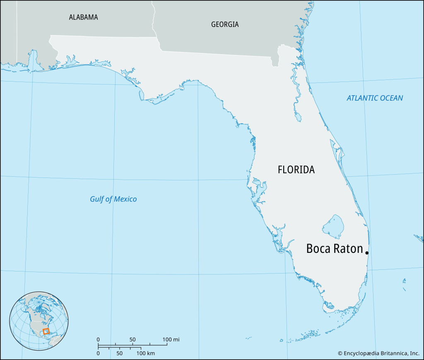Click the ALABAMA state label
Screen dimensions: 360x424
click(83, 17)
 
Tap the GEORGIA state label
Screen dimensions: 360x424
click(225, 24)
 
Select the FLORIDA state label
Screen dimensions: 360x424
click(296, 170)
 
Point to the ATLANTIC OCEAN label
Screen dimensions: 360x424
click(375, 98)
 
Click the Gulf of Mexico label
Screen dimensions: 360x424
click(113, 199)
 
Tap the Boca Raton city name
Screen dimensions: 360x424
click(334, 249)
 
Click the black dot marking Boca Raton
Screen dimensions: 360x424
click(367, 252)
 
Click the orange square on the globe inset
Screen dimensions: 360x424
click(46, 331)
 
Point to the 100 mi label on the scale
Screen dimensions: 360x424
click(171, 340)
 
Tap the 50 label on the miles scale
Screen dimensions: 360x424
click(132, 340)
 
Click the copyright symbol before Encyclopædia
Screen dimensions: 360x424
click(340, 353)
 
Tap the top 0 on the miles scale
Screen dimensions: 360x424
click(98, 340)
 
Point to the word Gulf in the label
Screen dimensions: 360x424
click(97, 199)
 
